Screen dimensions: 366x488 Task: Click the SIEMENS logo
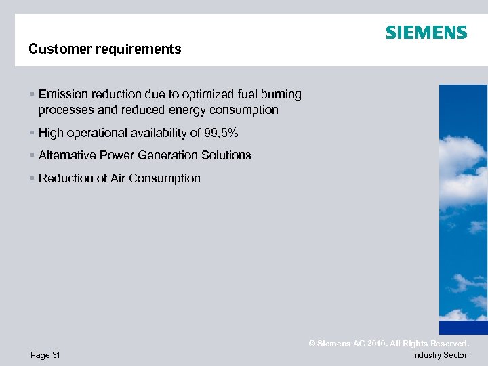(x=426, y=33)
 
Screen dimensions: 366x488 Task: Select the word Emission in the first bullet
(x=62, y=94)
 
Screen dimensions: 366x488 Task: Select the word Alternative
(x=68, y=155)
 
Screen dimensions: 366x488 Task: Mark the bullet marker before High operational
(x=32, y=133)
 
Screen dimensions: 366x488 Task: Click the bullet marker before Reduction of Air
(x=32, y=178)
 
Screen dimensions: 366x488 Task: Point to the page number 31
(x=56, y=355)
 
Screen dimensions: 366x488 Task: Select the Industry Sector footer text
(x=439, y=355)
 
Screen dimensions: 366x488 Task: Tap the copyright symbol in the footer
(x=312, y=344)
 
